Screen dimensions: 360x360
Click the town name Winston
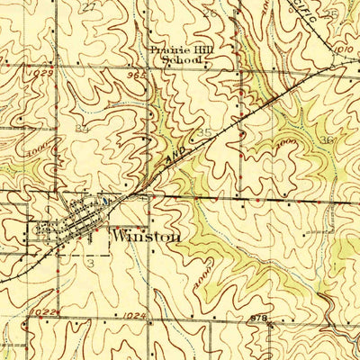[146, 237]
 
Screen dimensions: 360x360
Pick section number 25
[331, 13]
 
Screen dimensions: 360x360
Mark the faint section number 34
[82, 130]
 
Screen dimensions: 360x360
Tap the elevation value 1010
[342, 49]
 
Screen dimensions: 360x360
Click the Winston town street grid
[76, 220]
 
